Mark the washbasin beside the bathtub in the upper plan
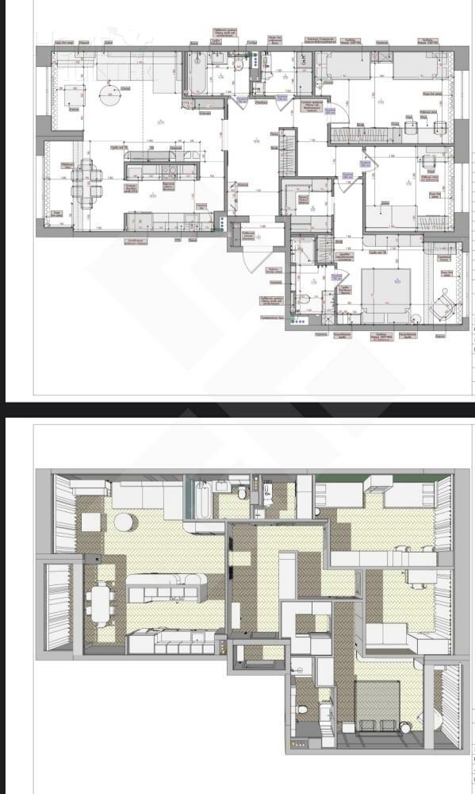(217, 59)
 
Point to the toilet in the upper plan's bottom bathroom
(304, 301)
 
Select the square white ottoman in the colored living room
(90, 522)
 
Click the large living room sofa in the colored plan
(139, 496)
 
